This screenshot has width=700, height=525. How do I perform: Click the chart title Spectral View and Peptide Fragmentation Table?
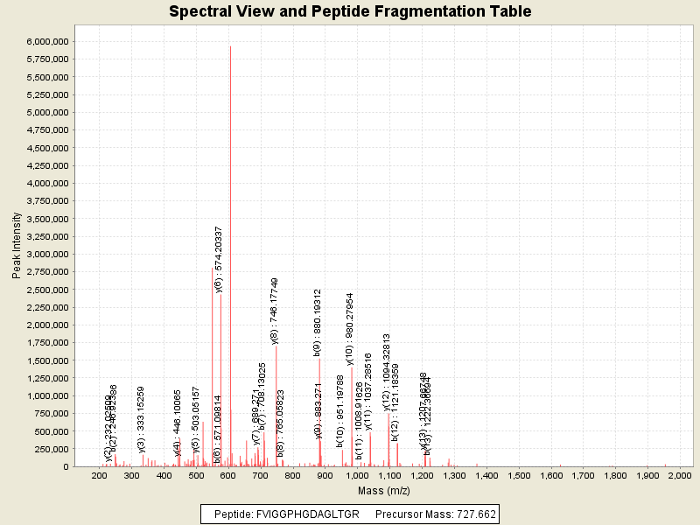[x=350, y=11]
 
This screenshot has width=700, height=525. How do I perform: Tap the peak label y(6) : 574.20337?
[x=219, y=259]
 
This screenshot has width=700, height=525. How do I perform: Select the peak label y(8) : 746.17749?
[x=275, y=311]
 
